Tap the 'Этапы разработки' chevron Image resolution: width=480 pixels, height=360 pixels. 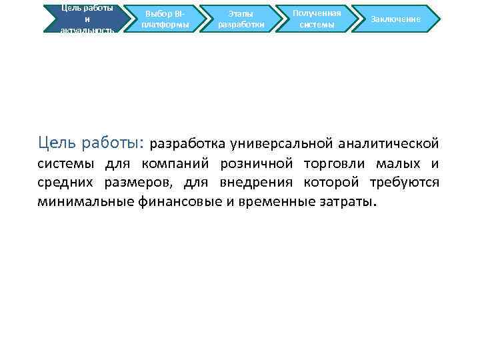[x=241, y=19]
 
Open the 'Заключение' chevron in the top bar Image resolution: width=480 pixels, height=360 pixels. [x=396, y=19]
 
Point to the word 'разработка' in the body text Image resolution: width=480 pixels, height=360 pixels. [x=189, y=143]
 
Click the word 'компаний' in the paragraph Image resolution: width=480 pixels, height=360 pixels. [x=181, y=164]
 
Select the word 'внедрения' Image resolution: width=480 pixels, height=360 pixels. [x=243, y=183]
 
